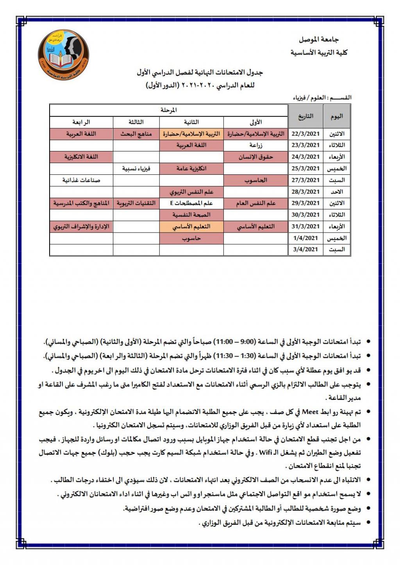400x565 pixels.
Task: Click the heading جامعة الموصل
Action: click(x=318, y=39)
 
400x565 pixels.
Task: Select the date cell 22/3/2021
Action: click(x=305, y=134)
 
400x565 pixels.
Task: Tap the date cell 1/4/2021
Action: click(x=305, y=238)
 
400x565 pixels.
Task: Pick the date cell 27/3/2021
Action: click(x=305, y=180)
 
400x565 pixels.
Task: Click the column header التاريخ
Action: click(x=305, y=116)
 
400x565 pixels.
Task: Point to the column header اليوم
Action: click(x=336, y=116)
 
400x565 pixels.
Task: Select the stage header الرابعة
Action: click(x=81, y=122)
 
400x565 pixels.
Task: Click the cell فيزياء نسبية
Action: click(x=136, y=169)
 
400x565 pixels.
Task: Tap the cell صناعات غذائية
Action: click(x=81, y=180)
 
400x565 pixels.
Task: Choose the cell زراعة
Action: click(x=256, y=146)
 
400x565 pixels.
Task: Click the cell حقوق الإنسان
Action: click(x=256, y=157)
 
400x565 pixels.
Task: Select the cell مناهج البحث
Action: click(x=136, y=134)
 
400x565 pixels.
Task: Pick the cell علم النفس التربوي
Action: click(x=191, y=192)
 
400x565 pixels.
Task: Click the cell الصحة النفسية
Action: click(x=191, y=215)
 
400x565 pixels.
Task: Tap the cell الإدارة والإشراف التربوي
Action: click(x=81, y=227)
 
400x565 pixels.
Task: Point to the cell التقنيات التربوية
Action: click(x=136, y=203)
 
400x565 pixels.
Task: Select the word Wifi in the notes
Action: click(x=266, y=453)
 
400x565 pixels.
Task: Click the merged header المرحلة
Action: click(x=168, y=110)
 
